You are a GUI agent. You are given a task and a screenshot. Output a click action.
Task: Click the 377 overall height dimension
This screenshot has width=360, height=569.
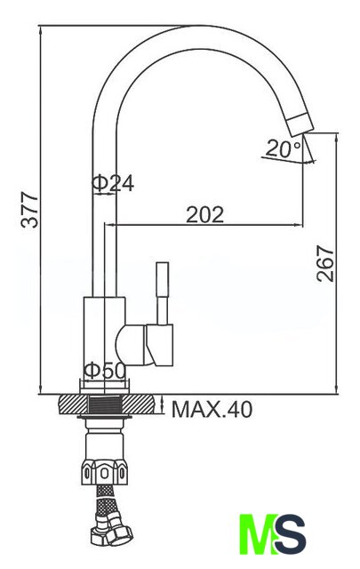(x=29, y=210)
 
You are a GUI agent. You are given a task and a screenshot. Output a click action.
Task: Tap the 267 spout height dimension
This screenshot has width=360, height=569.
(x=325, y=264)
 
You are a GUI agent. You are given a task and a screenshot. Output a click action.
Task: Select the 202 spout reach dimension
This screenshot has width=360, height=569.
(x=205, y=215)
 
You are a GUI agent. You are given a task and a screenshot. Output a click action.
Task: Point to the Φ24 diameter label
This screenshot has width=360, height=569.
(x=113, y=183)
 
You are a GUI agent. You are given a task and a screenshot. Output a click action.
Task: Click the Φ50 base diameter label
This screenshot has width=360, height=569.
(x=105, y=371)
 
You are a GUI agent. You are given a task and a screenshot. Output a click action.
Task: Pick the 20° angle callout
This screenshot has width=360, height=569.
(x=284, y=148)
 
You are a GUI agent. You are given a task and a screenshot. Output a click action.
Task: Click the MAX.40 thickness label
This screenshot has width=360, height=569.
(x=212, y=410)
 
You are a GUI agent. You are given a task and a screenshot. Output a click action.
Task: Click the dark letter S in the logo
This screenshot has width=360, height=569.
(x=291, y=533)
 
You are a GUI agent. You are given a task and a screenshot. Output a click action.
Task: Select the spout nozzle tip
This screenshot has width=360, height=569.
(x=300, y=124)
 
